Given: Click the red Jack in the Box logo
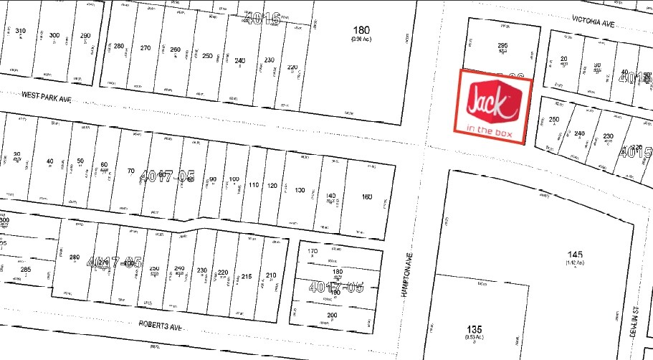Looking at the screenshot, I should pos(492,101).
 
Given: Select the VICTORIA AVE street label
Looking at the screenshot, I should pos(594,23).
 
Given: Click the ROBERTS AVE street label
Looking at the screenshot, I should pos(161,325).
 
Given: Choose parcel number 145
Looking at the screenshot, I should pos(575,255).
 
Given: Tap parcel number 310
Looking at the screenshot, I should pos(21,31).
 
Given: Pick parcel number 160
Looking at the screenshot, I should pos(367,196).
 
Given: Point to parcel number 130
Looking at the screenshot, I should pos(300,190).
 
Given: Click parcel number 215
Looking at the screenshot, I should pos(247,276).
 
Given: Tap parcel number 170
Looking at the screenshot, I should pos(312,252).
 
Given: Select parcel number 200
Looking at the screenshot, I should pos(331,316).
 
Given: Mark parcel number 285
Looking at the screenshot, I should pos(26,270).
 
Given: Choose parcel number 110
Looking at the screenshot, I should pos(253,185).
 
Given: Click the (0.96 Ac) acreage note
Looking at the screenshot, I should pos(360,39).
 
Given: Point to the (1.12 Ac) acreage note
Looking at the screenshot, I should pos(575,263).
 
